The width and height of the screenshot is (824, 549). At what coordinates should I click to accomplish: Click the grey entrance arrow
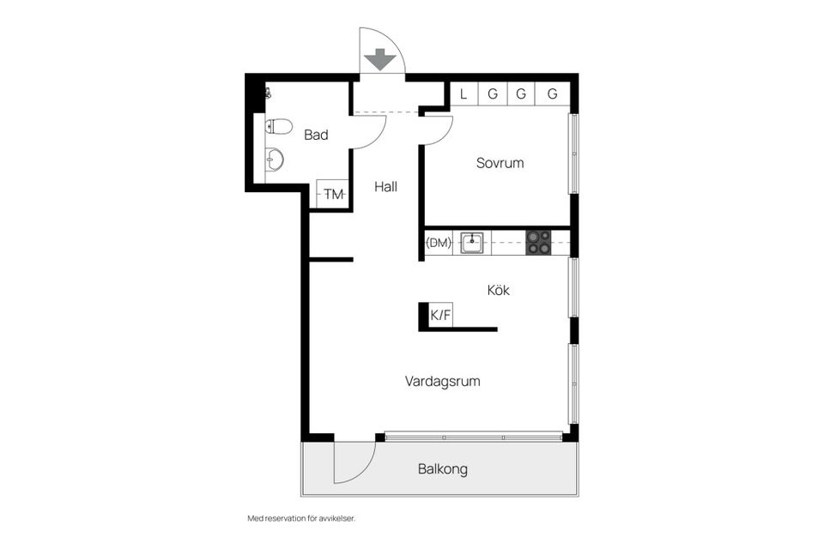pos(380,59)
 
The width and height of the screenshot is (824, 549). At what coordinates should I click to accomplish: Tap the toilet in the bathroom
pos(278,127)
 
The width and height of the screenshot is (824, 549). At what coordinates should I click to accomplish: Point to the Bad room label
pos(316,135)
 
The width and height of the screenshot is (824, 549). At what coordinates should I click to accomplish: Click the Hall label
pos(385,186)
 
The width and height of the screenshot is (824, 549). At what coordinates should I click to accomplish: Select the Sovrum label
pos(500,163)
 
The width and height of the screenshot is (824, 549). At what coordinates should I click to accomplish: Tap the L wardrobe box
pos(464,94)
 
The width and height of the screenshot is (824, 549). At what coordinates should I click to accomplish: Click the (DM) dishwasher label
pos(439,243)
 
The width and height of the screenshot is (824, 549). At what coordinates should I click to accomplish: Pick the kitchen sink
pos(472,243)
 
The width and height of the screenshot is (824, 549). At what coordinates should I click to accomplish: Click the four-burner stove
pos(539,243)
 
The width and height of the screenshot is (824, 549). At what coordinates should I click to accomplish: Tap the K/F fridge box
pos(440,315)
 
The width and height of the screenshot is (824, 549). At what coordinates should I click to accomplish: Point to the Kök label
pos(498,290)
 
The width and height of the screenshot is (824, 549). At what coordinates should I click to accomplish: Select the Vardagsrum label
pos(443,381)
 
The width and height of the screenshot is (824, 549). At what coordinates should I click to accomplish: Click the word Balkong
pos(443,468)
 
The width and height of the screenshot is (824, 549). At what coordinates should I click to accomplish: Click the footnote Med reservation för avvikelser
pos(301,518)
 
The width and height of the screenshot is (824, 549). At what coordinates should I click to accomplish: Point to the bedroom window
pos(574,154)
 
